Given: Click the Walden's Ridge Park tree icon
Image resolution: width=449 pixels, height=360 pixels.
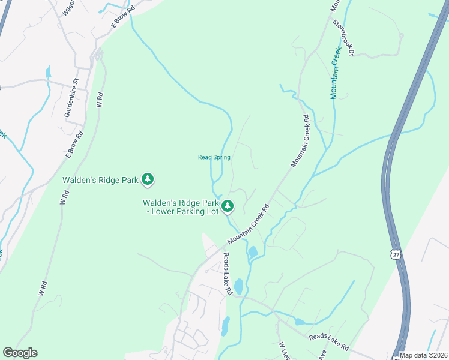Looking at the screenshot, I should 148,179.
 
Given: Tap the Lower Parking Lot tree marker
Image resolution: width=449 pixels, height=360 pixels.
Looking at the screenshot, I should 228,206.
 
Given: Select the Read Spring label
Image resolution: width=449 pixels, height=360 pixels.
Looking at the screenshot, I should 214,157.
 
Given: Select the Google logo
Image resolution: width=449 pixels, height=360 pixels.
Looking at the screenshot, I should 20,353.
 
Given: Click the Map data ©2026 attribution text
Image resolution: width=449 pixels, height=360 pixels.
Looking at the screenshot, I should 423,355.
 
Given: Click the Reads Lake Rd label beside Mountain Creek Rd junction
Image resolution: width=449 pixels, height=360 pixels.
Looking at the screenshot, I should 228,274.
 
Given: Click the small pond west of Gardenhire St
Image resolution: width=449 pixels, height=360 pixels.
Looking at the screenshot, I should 47,73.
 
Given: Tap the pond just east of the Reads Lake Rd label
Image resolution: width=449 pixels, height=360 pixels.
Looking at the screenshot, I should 238,286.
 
